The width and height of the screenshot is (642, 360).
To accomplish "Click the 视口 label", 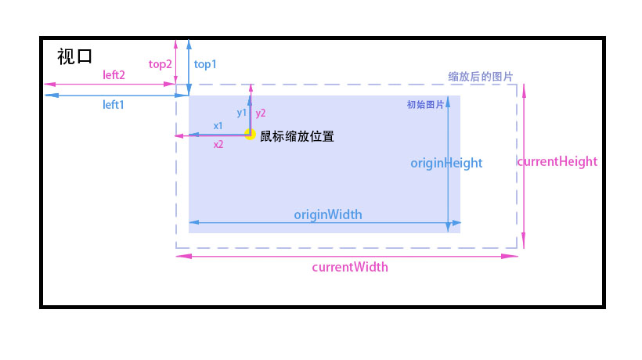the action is pos(75,57).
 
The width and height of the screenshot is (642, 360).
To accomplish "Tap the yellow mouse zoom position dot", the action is pos(251,135).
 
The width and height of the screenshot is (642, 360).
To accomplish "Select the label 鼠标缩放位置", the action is pos(297,136).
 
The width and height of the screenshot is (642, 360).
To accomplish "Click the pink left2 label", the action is pos(114,74).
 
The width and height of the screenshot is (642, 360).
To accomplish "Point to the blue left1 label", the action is pos(114,104).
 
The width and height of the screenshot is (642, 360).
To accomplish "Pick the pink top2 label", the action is pos(160,64).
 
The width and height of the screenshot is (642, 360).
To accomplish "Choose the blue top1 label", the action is pos(205,64).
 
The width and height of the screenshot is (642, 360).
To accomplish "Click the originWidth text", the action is pos(327,214).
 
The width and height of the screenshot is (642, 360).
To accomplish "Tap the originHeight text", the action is pos(446,163).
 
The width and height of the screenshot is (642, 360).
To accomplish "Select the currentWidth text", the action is pos(349,267).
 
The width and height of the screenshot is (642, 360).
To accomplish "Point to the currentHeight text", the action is pos(557,161).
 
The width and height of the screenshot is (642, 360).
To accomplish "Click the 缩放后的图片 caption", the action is pos(480,77).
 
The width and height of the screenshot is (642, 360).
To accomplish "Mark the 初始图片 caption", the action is pos(425,105).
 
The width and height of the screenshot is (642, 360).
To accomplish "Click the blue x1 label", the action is pos(218,125).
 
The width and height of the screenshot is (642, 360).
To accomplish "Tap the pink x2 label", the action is pos(218,145).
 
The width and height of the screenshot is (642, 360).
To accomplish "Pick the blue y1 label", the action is pos(242,113).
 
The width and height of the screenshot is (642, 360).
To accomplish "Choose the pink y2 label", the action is pos(261,113).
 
